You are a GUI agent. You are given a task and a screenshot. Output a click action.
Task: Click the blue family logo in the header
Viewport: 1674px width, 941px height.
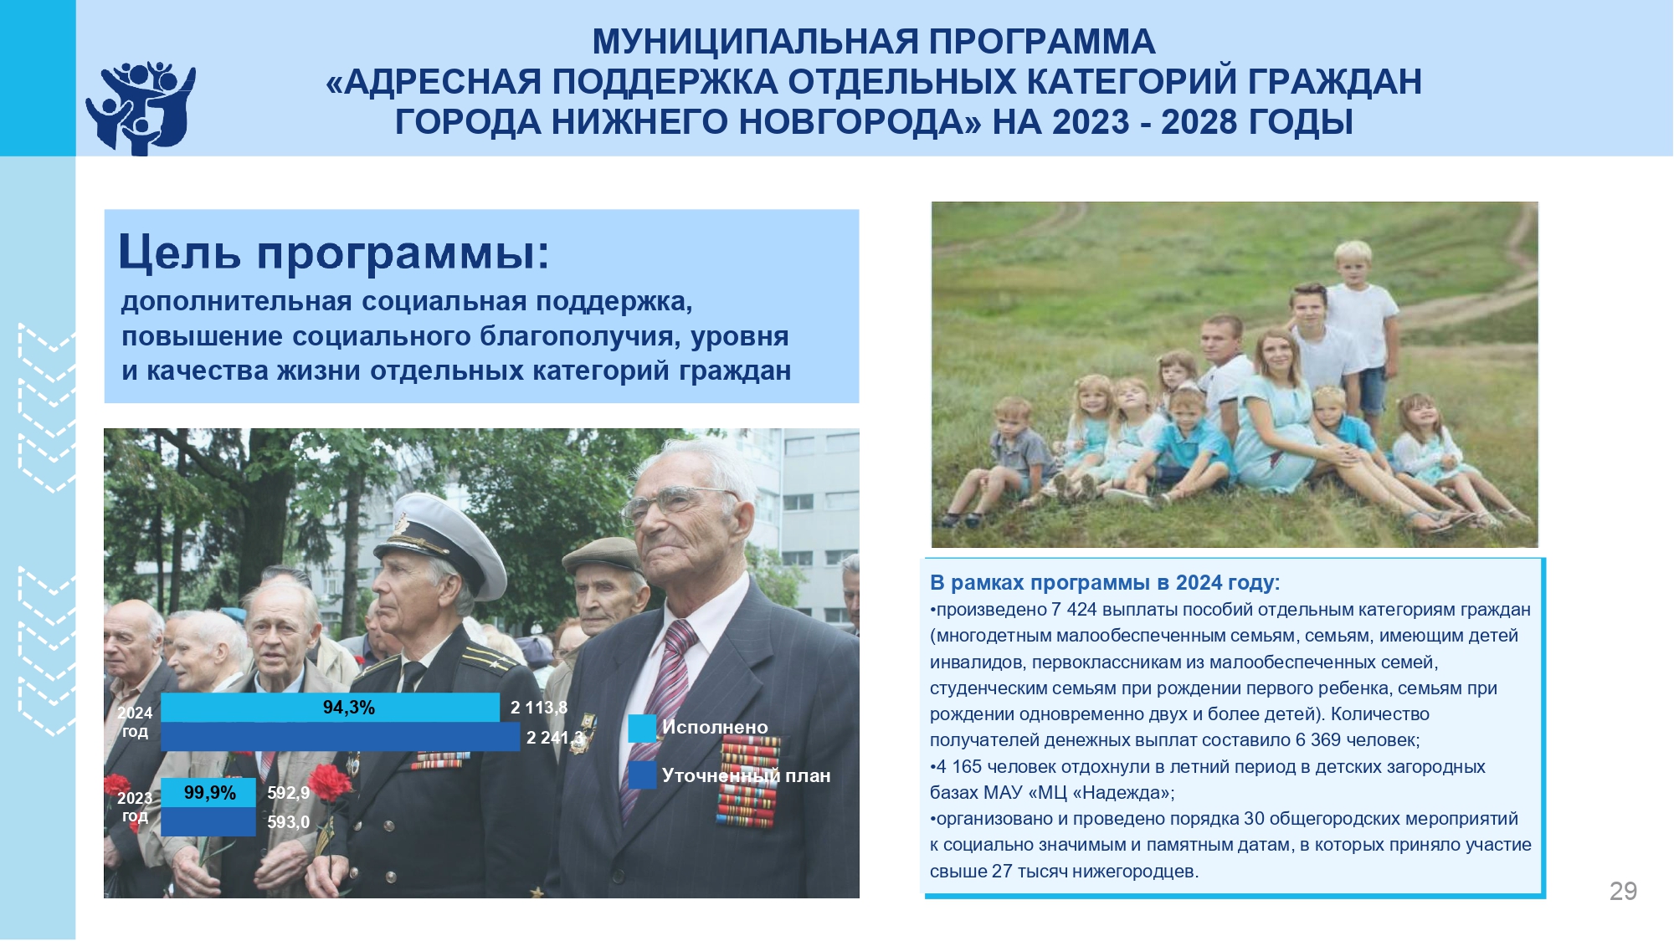tap(141, 108)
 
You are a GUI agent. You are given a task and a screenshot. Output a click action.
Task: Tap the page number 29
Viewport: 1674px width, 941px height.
tap(1623, 891)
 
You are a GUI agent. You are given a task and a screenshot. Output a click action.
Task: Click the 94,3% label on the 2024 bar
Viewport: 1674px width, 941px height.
tap(349, 708)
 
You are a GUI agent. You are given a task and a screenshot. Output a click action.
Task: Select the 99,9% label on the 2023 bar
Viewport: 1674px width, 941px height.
tap(209, 792)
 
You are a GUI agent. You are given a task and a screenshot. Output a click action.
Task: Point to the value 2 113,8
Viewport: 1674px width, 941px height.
tap(539, 708)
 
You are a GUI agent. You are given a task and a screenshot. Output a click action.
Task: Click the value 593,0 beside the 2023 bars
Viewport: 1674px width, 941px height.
tap(289, 822)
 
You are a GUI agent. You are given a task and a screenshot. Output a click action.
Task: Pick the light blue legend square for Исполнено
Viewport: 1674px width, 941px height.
tap(642, 728)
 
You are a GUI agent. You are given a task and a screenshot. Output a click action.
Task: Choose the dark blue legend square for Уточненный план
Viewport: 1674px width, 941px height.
tap(642, 775)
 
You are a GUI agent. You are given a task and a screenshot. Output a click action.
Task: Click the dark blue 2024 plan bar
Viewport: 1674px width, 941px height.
tap(340, 737)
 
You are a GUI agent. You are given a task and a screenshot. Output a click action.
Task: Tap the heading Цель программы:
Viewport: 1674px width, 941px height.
tap(334, 252)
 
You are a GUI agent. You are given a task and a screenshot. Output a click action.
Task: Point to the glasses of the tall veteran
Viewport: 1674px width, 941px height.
tap(678, 502)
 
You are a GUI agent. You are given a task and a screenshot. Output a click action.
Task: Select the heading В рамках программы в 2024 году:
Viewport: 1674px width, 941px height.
tap(1105, 582)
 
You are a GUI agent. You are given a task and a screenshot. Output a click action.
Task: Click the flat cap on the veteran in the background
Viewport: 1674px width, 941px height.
tap(604, 554)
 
